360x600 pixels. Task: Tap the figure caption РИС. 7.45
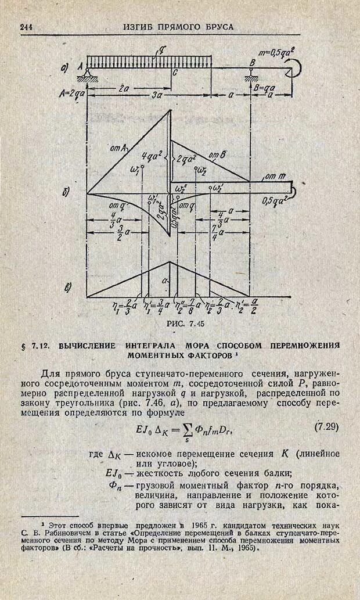pos(185,323)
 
